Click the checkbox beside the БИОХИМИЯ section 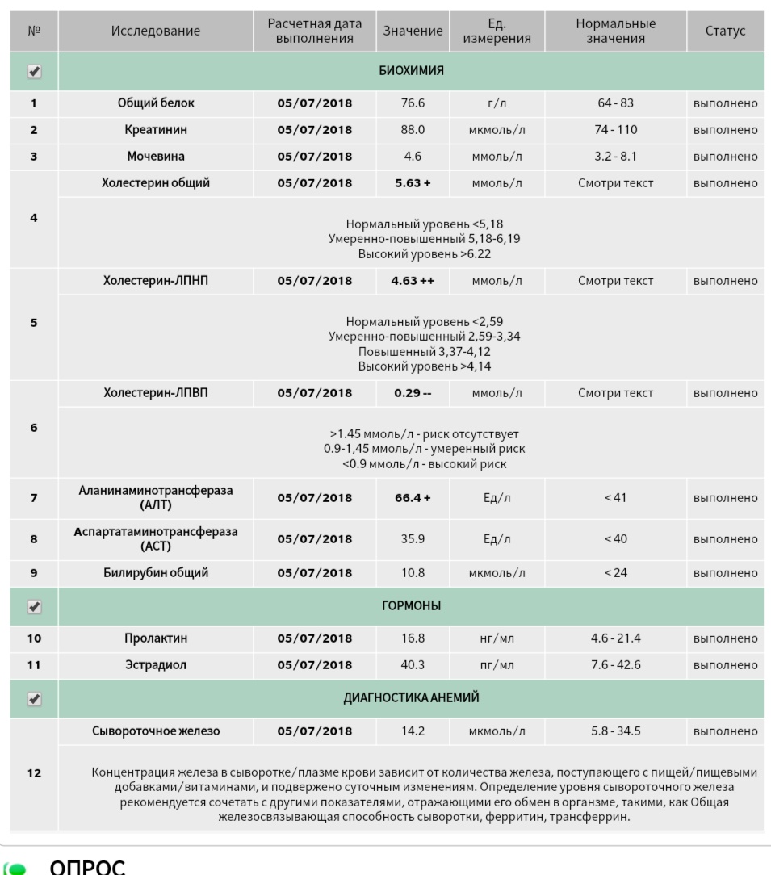[34, 72]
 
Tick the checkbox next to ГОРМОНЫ [34, 605]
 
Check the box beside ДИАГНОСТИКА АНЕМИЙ [34, 698]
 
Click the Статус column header [725, 31]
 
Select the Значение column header [413, 31]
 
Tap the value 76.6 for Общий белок [413, 103]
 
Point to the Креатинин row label [157, 130]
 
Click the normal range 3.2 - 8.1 [614, 157]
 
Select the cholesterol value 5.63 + [413, 183]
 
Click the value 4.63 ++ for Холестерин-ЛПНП [413, 281]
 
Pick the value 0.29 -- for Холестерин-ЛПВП [413, 394]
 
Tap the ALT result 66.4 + [413, 498]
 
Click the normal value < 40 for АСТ [614, 539]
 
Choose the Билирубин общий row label [157, 573]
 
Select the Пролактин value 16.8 [413, 638]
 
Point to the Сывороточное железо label [157, 731]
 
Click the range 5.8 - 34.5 [614, 731]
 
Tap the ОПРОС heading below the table [87, 866]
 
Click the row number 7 [34, 498]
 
